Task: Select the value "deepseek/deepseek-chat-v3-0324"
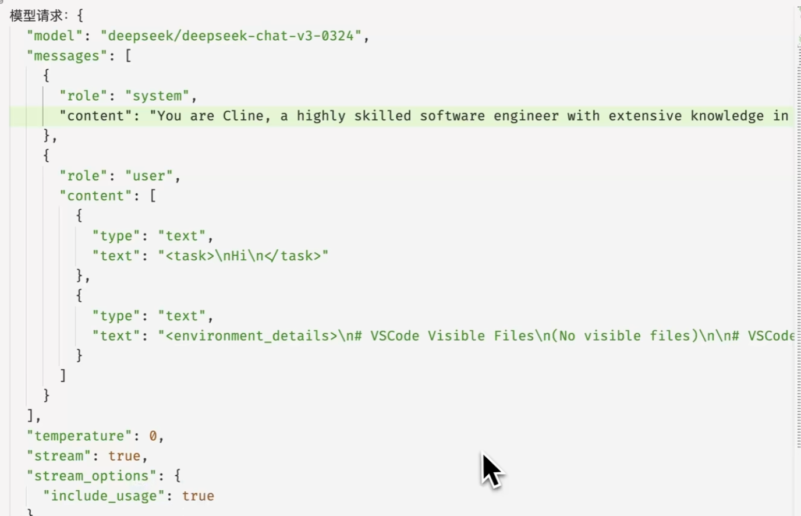click(231, 36)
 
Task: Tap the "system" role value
click(157, 96)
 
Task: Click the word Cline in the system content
click(243, 116)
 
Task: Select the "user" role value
click(149, 176)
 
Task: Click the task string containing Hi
click(243, 256)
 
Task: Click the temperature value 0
click(153, 436)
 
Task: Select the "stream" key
click(59, 456)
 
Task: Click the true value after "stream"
click(124, 456)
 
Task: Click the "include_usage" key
click(104, 496)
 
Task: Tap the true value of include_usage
click(198, 496)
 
